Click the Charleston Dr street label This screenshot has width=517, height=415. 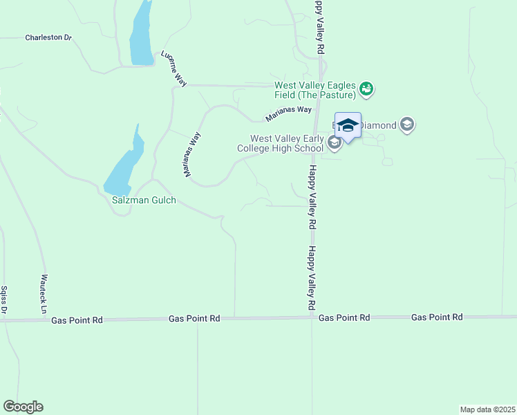tap(48, 37)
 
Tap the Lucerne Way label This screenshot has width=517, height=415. tap(173, 68)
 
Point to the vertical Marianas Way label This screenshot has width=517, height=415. tap(191, 155)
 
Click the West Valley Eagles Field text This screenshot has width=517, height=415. tap(315, 90)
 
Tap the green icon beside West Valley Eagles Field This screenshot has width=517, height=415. tap(366, 88)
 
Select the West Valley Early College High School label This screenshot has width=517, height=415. tap(287, 143)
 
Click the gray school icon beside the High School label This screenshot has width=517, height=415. tap(335, 143)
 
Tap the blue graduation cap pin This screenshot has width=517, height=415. tap(348, 126)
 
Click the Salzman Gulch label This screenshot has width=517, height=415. tap(144, 201)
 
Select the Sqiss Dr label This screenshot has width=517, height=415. tap(3, 301)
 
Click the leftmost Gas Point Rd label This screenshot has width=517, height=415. tap(77, 320)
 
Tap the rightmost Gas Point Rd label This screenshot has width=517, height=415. tap(437, 317)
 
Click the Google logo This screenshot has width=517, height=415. tap(23, 407)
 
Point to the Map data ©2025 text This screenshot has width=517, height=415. tap(487, 409)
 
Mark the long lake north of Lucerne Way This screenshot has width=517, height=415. tap(142, 35)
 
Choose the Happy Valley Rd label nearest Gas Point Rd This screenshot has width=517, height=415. tap(312, 278)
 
